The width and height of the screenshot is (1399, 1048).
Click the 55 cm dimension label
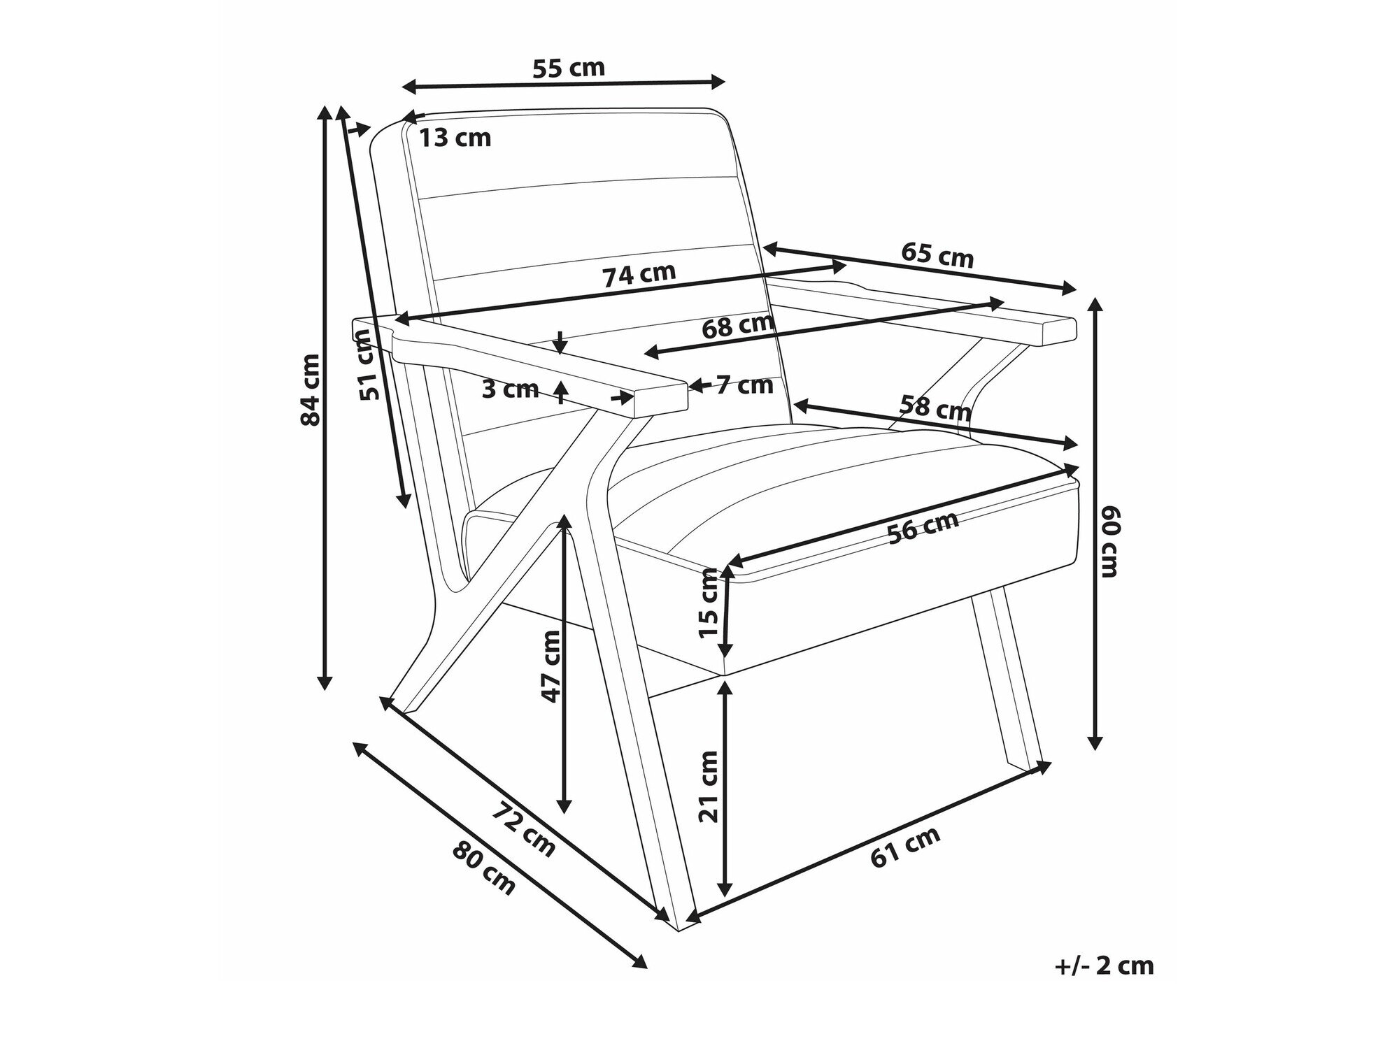568,68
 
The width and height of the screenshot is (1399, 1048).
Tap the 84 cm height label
309,389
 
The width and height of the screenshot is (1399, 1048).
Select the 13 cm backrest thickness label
455,138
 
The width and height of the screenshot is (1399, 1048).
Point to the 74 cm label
639,274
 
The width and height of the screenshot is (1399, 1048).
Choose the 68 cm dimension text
738,326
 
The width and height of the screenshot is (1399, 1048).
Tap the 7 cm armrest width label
745,385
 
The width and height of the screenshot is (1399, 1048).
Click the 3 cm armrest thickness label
511,389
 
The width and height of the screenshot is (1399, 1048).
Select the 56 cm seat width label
923,528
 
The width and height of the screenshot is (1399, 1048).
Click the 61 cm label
906,847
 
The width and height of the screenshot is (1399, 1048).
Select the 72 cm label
524,830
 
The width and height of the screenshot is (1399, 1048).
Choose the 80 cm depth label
484,868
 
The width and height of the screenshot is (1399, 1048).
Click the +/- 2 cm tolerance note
1105,966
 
